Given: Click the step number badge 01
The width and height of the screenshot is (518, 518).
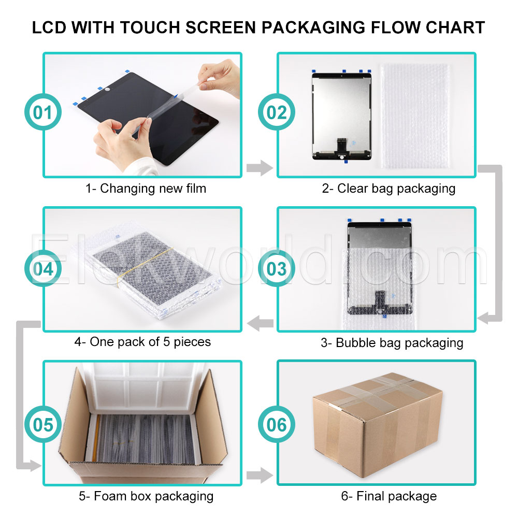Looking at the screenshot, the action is tap(43, 112).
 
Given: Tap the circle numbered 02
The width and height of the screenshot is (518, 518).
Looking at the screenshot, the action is tap(277, 112).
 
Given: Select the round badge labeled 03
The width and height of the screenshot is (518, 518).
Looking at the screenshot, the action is tap(277, 268).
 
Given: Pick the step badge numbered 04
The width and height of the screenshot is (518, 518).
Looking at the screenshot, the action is tap(43, 268).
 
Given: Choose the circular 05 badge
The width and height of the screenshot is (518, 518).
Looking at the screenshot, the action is tap(43, 424).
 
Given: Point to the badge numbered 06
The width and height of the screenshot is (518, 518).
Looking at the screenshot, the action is tap(277, 424).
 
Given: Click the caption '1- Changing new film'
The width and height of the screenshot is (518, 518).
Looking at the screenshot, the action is tap(146, 189).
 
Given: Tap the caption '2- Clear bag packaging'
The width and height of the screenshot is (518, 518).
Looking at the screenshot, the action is tap(389, 189).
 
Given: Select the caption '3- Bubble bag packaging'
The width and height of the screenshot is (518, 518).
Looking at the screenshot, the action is tap(392, 343).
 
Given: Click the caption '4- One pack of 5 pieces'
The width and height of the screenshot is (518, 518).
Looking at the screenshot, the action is tap(142, 342).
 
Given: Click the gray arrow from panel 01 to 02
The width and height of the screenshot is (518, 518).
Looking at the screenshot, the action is tap(260, 168).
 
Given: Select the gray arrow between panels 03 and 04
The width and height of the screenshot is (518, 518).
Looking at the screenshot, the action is tap(260, 323).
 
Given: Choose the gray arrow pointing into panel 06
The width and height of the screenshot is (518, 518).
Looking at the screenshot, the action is tap(260, 475).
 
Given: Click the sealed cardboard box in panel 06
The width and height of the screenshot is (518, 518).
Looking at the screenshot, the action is tap(378, 425).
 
